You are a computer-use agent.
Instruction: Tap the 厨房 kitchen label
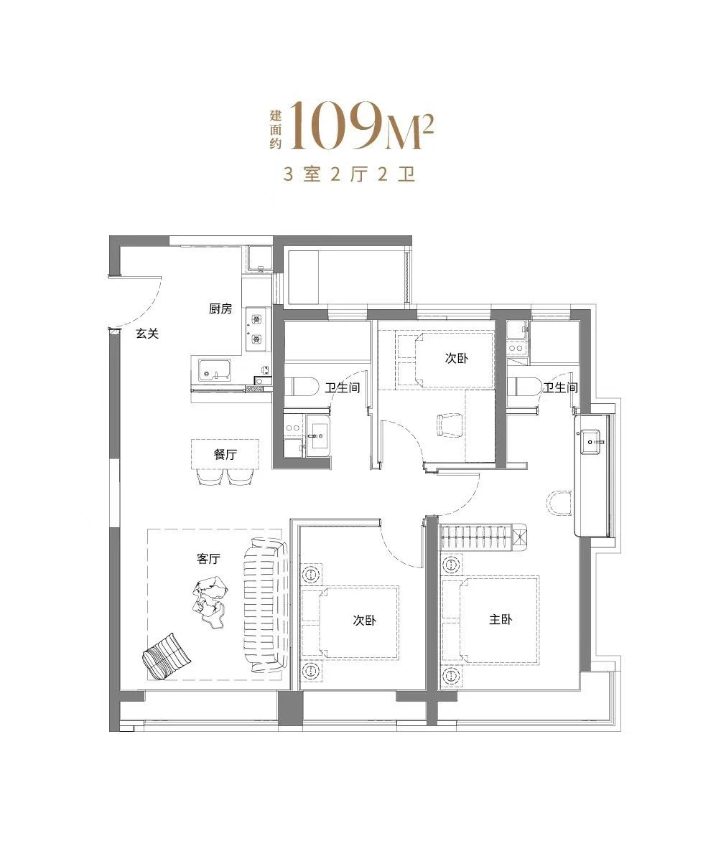(x=220, y=308)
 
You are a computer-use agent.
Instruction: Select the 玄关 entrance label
(x=147, y=334)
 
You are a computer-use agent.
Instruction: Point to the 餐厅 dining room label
(x=225, y=454)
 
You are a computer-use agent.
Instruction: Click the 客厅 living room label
(x=208, y=559)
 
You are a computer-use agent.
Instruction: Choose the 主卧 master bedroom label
(x=500, y=620)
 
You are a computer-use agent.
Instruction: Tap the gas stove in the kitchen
(x=257, y=329)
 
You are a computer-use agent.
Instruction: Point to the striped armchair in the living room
(x=166, y=656)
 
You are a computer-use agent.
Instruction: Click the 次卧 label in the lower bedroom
(x=364, y=621)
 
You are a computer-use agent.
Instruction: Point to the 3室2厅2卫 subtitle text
(x=349, y=174)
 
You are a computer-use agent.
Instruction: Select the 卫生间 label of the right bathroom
(x=561, y=387)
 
